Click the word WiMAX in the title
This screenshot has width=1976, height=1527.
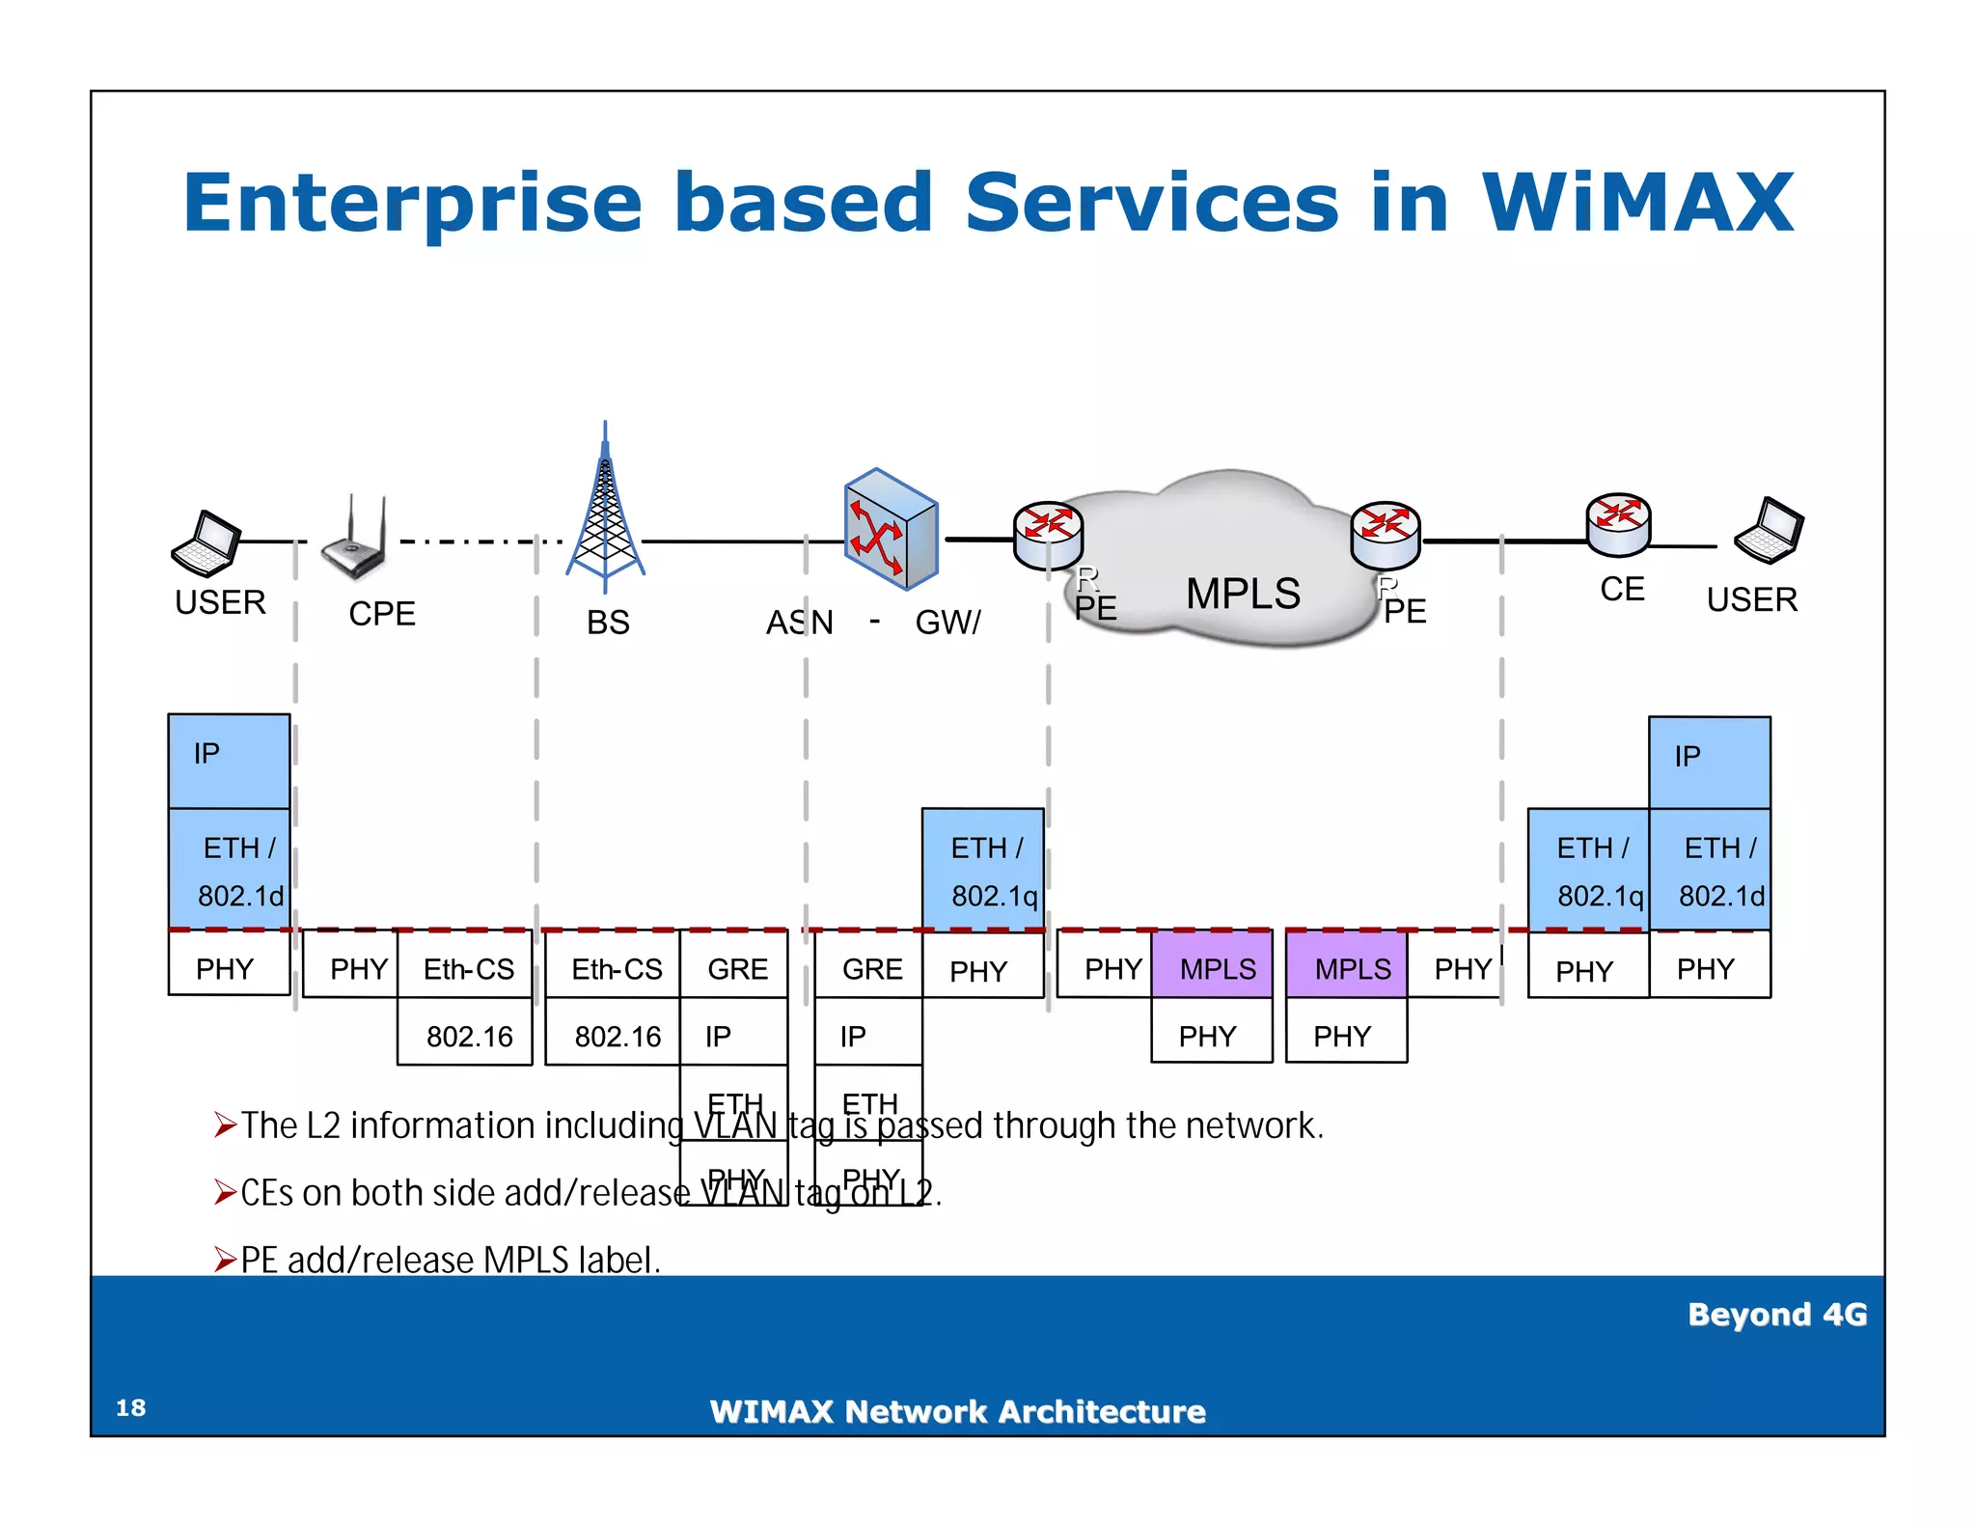click(1637, 203)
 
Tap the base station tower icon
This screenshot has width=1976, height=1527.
click(605, 512)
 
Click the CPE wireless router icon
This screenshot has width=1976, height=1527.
click(355, 539)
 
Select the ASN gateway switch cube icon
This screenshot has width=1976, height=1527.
click(890, 529)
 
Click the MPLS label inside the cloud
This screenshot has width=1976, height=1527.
click(1243, 593)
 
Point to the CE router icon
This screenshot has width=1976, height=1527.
click(1618, 525)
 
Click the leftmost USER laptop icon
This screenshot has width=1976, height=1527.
click(206, 544)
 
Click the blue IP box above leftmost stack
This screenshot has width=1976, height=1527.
click(229, 761)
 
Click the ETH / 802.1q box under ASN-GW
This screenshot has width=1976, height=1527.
click(983, 871)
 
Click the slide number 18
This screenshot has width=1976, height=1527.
click(130, 1407)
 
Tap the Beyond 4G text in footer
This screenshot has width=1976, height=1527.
click(1776, 1315)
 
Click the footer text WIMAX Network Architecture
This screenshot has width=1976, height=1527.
click(957, 1412)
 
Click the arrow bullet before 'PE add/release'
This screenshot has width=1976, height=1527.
click(225, 1260)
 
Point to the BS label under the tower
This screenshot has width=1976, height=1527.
click(608, 623)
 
